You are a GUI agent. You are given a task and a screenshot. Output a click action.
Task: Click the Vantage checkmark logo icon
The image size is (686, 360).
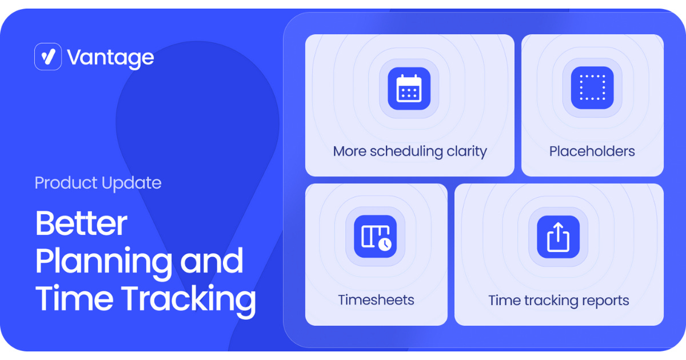click(48, 57)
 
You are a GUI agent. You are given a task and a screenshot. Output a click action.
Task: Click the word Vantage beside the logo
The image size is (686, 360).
click(110, 58)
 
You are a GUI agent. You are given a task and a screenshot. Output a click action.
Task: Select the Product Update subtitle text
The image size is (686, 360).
click(98, 183)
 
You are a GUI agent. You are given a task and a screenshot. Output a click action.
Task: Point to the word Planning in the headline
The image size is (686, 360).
click(103, 262)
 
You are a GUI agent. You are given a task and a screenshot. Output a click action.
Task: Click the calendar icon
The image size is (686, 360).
click(409, 88)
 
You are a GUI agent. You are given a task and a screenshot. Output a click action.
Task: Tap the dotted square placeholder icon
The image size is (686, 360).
click(592, 88)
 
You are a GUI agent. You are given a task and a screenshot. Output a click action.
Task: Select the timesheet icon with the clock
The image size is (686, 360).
click(376, 237)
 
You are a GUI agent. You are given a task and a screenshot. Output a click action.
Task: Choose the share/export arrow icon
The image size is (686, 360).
click(559, 237)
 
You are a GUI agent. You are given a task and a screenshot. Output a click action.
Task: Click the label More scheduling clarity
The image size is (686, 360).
click(410, 151)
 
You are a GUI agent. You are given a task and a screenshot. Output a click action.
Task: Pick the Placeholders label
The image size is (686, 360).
click(592, 151)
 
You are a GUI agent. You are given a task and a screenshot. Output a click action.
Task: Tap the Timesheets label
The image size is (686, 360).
click(376, 300)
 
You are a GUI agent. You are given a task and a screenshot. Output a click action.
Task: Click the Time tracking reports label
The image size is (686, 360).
click(559, 301)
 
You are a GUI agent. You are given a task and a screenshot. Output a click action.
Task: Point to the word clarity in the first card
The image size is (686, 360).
click(466, 151)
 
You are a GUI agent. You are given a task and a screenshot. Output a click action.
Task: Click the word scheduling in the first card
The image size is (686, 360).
click(406, 152)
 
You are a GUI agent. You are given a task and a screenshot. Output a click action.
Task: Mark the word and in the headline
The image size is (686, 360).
click(212, 261)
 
